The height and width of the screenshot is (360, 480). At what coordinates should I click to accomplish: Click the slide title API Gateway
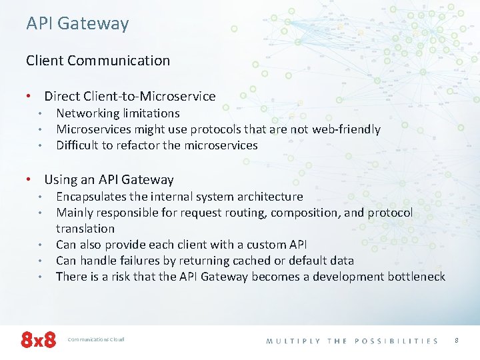point(77,24)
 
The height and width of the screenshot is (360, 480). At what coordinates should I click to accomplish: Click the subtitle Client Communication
point(98,61)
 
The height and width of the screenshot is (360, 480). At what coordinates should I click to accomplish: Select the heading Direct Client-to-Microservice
point(129,97)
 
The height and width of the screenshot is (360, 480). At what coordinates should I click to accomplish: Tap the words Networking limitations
point(117,113)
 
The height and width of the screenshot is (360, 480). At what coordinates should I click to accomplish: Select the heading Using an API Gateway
point(109,179)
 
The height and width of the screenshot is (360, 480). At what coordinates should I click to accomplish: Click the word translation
point(85,229)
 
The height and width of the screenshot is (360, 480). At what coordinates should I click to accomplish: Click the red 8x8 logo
point(39,339)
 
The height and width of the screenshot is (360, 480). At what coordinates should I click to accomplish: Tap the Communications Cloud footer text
point(97,339)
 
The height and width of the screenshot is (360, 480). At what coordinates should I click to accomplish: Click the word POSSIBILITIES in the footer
point(397,341)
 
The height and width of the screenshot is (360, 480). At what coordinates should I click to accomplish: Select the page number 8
point(457,340)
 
